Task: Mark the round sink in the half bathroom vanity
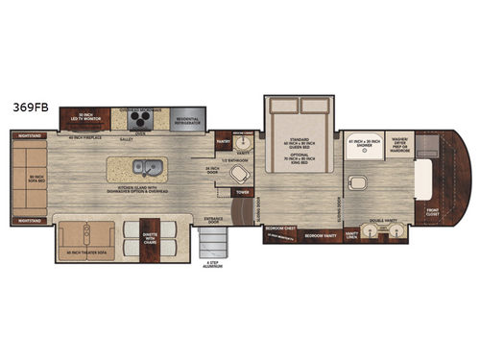244,141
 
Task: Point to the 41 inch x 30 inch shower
364,144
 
